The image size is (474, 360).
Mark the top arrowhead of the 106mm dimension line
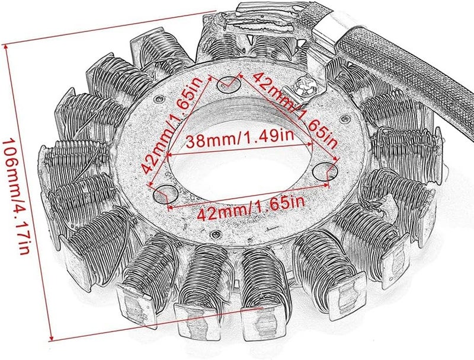[8, 49]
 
